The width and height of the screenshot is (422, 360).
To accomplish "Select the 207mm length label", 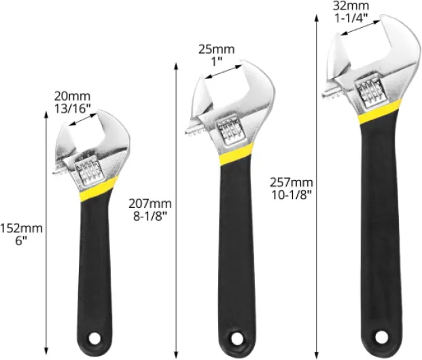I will click(150, 204).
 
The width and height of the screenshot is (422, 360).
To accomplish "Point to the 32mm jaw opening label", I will click(347, 6).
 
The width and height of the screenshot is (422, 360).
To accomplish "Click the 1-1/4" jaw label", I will click(347, 18).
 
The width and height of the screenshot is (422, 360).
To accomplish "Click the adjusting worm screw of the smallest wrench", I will click(88, 173).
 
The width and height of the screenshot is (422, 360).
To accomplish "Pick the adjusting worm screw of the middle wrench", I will click(228, 129).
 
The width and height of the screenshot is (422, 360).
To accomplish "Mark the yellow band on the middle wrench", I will click(237, 154).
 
